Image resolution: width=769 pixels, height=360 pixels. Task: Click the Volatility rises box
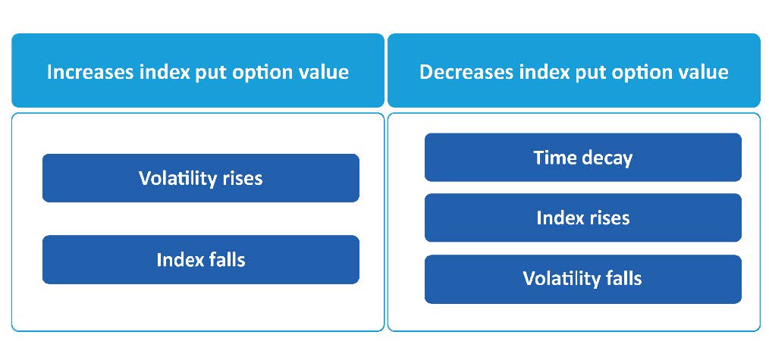200,178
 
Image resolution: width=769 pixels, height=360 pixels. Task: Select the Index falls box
200,260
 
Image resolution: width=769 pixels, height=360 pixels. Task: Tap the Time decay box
582,157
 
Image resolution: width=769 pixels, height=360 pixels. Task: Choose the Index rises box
582,218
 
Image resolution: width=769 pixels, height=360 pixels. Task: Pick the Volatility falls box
582,279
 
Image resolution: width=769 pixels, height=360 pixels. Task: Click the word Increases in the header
90,72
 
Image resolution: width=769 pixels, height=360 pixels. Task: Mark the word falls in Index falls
224,260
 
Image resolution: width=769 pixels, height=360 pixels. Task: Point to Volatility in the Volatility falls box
562,279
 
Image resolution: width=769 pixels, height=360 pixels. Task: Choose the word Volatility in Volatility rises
177,178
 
